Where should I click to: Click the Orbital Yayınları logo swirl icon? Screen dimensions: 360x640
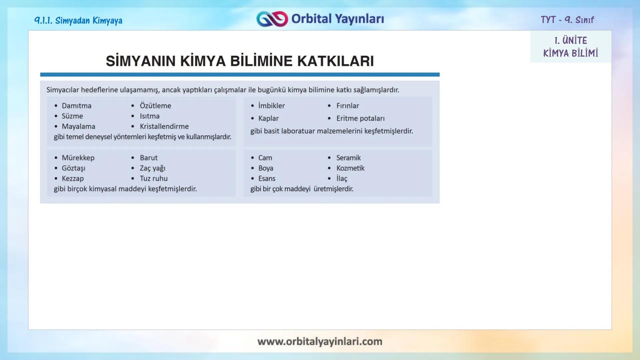click(272, 19)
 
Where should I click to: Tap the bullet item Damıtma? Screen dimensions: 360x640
click(76, 106)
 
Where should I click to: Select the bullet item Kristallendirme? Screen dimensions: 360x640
click(164, 126)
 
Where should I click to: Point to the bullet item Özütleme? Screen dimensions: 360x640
click(155, 106)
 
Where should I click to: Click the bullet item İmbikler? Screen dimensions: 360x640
click(271, 106)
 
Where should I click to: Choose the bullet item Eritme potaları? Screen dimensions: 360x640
click(360, 118)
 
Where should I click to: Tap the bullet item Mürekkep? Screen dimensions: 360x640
click(78, 158)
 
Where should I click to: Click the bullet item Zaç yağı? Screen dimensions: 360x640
click(152, 168)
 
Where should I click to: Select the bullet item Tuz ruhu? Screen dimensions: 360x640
click(153, 178)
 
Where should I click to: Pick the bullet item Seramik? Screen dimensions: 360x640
click(348, 158)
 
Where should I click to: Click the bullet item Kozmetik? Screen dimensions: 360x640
click(350, 168)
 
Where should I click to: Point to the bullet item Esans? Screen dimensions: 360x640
click(267, 178)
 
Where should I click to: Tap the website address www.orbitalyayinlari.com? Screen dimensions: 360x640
click(320, 341)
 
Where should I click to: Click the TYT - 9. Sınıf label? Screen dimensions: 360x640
click(567, 20)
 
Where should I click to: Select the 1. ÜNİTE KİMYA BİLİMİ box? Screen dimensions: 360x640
click(570, 47)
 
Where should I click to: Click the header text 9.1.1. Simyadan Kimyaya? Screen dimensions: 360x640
click(78, 21)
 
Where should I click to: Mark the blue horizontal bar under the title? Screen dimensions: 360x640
click(240, 75)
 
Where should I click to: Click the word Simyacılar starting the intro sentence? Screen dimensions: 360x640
click(63, 90)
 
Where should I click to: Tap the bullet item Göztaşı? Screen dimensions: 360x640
click(73, 168)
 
